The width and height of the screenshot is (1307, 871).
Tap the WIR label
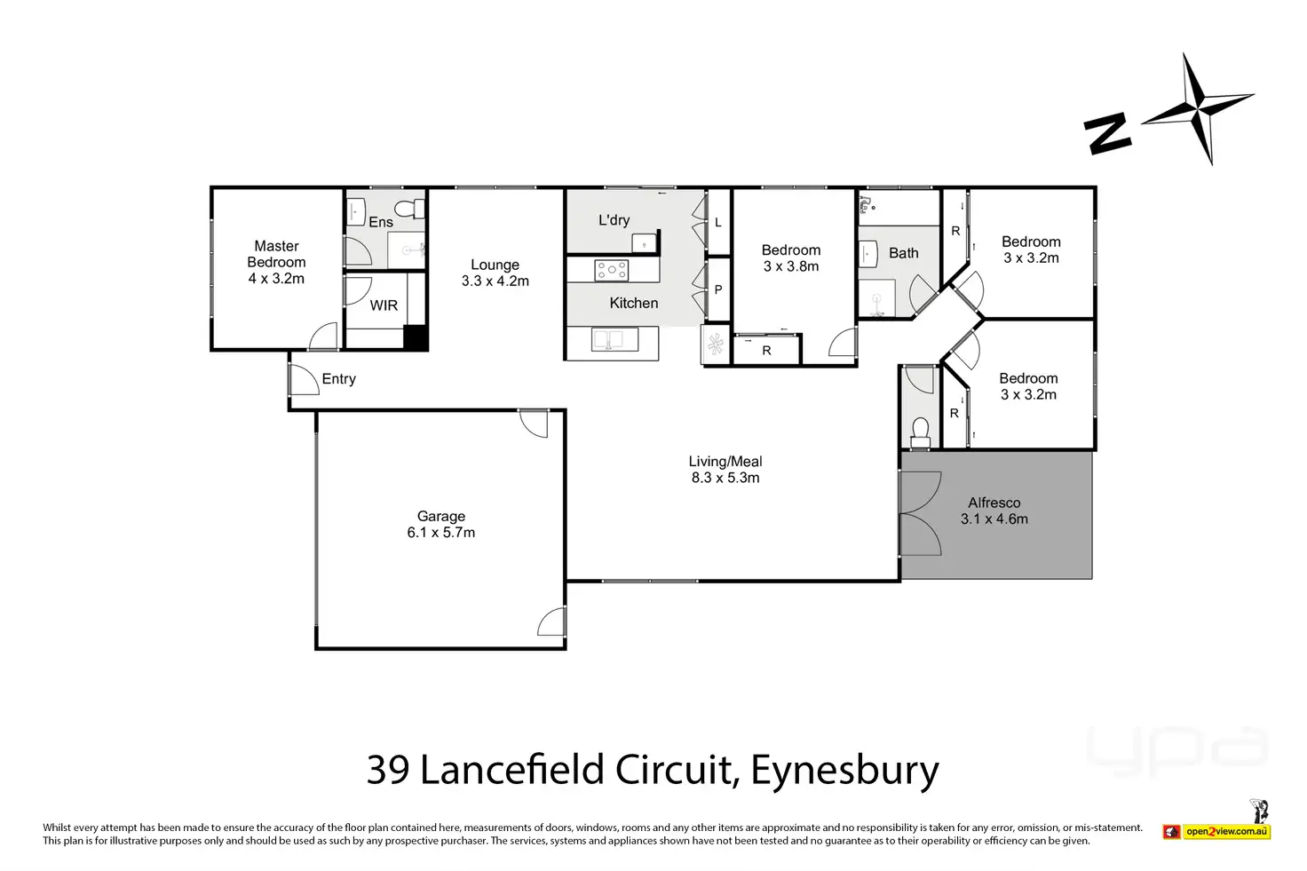coord(384,305)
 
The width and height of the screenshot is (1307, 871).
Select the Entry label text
coord(338,379)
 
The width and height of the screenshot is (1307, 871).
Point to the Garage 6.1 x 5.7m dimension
coord(441,533)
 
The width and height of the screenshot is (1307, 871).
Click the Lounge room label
coord(495,265)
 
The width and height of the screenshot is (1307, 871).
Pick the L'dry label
coord(614,220)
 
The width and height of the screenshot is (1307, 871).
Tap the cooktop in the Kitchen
coord(612,270)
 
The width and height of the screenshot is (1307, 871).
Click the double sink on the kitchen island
coord(613,340)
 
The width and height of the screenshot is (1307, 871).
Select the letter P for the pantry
coord(718,289)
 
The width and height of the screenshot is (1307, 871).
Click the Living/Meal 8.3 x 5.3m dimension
coord(725,478)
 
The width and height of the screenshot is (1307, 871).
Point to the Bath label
coord(904,253)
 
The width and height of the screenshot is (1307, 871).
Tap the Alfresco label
coord(994,503)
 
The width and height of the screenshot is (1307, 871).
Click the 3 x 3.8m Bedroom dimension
coord(791,266)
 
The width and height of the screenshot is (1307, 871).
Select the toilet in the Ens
coord(411,210)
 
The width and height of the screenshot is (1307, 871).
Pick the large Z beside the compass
coord(1107,134)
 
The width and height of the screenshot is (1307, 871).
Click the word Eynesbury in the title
coord(844,770)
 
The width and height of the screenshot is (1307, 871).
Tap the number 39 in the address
coord(388,770)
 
